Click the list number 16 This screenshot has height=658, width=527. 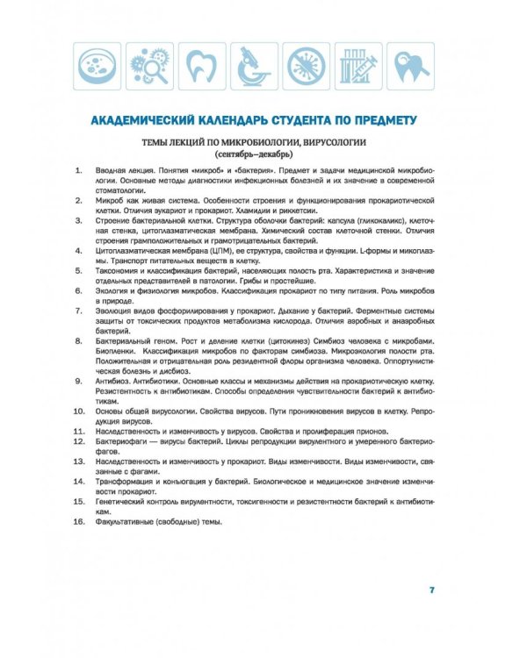[77, 523]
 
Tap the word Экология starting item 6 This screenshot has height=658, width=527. [113, 287]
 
